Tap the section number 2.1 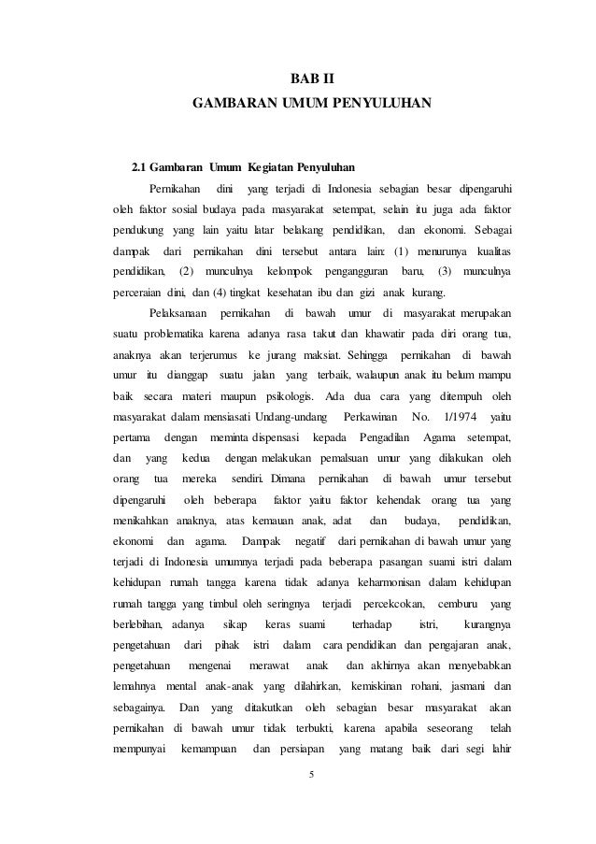(x=142, y=169)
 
